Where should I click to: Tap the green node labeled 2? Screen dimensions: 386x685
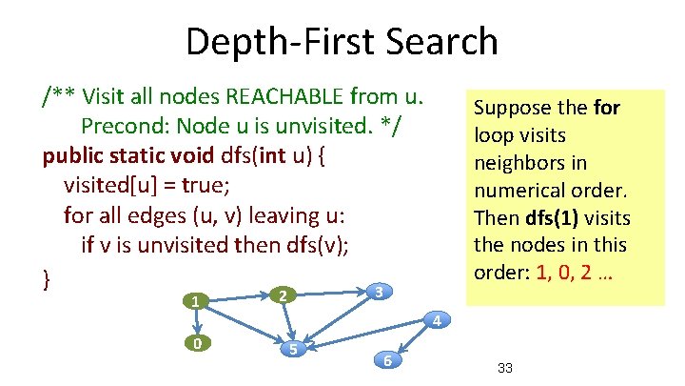pyautogui.click(x=281, y=296)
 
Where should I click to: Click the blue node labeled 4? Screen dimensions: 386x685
pyautogui.click(x=434, y=319)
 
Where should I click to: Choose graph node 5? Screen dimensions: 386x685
pyautogui.click(x=295, y=348)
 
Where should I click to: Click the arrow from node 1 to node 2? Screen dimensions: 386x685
pyautogui.click(x=238, y=298)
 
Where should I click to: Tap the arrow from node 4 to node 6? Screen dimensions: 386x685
pyautogui.click(x=411, y=340)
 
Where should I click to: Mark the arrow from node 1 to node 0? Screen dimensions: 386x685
pyautogui.click(x=196, y=322)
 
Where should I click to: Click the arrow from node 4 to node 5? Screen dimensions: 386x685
pyautogui.click(x=366, y=333)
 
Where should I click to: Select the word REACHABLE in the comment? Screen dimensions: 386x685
pyautogui.click(x=277, y=96)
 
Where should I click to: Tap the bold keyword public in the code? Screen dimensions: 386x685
pyautogui.click(x=72, y=155)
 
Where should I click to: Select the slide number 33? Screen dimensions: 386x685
pyautogui.click(x=505, y=368)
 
